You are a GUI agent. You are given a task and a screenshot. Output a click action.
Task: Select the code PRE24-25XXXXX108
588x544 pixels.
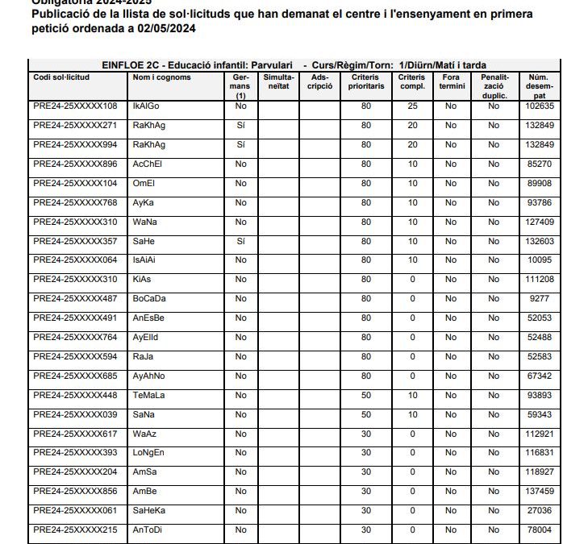(x=75, y=106)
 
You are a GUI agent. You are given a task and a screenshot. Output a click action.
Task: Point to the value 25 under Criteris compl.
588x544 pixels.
(x=412, y=106)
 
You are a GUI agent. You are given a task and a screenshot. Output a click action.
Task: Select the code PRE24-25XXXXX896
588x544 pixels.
(x=75, y=164)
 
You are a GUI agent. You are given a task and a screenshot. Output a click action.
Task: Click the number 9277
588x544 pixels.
(x=539, y=298)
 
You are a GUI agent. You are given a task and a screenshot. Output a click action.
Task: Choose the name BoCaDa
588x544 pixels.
(x=149, y=298)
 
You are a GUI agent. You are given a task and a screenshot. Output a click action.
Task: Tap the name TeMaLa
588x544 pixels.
(x=149, y=395)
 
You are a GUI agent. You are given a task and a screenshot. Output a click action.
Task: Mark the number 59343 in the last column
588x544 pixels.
(x=539, y=414)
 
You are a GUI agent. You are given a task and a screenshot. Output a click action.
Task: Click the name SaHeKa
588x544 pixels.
(x=149, y=510)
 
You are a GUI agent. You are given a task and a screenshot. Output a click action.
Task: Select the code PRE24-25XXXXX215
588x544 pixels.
(x=75, y=529)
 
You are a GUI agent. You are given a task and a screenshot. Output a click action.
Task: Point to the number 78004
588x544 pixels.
(x=539, y=529)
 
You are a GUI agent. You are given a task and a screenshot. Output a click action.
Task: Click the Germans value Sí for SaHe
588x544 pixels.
(x=240, y=241)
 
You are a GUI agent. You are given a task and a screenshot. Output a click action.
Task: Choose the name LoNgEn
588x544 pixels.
(x=148, y=453)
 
